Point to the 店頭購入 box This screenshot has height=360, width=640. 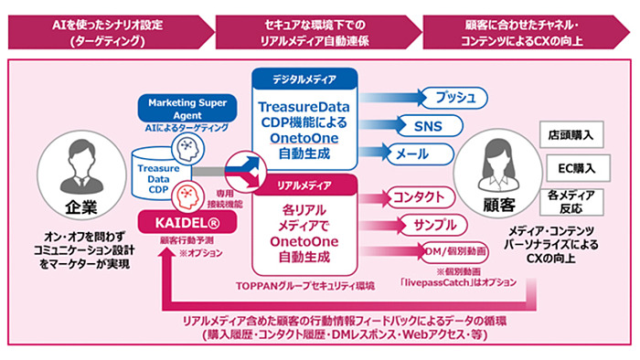coord(574,133)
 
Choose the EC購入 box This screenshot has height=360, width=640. coord(574,168)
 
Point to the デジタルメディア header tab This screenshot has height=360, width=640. coord(304,78)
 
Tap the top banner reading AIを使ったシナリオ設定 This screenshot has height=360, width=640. coord(109,29)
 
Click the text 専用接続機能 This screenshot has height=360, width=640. coord(231,202)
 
